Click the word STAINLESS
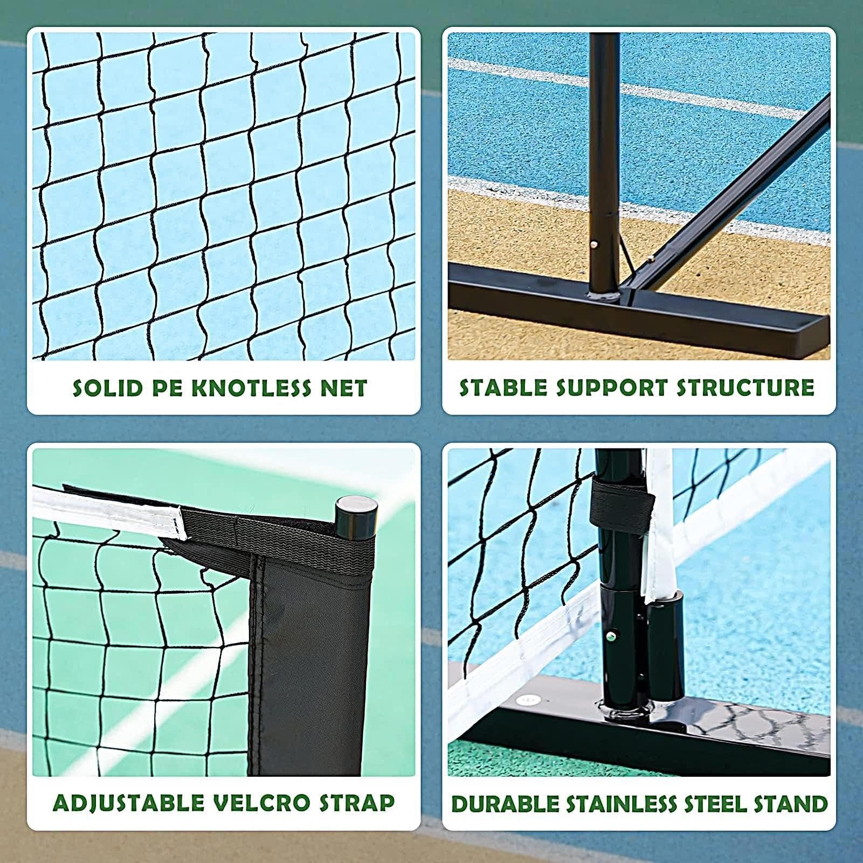coord(622,804)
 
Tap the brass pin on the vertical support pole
coord(594,244)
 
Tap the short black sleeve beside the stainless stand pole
coord(666,647)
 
